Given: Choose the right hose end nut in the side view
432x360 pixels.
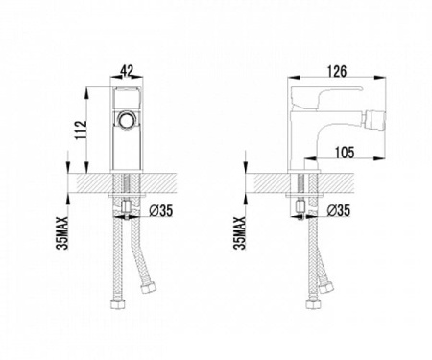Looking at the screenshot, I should tap(327, 286).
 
